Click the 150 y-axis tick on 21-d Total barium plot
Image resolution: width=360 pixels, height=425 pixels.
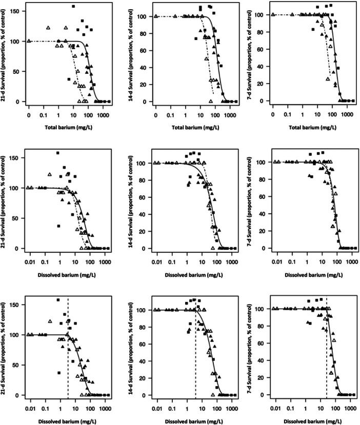[17, 11]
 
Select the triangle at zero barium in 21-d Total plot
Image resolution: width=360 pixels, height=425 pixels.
[29, 41]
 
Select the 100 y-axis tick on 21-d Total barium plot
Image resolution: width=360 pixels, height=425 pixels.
[17, 41]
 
